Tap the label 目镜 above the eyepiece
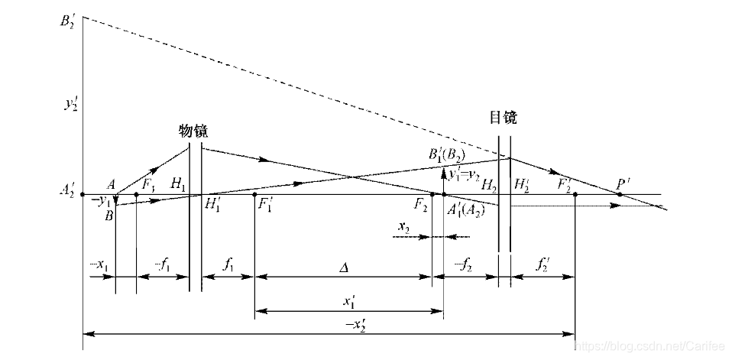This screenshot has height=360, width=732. tap(503, 118)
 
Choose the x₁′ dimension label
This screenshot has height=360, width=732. tap(348, 302)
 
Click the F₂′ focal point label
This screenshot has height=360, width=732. tap(565, 184)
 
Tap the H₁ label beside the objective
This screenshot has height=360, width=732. tap(178, 183)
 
